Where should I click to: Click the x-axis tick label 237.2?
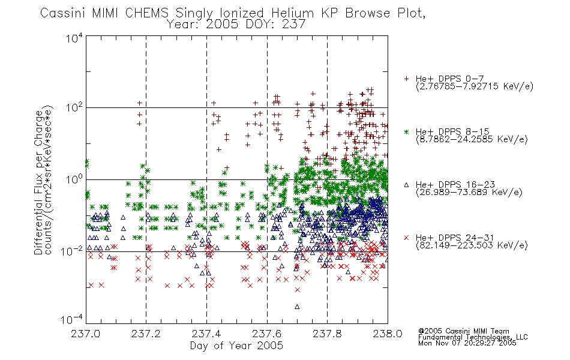(x=146, y=334)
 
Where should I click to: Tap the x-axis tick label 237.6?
(x=267, y=334)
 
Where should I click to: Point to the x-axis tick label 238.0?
(x=388, y=334)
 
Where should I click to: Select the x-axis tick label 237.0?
(x=85, y=334)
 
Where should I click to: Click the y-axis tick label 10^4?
(x=74, y=38)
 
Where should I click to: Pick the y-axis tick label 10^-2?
(x=73, y=251)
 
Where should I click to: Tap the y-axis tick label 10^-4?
(x=73, y=319)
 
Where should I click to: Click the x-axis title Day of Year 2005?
(x=236, y=346)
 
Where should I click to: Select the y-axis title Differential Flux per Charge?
(x=38, y=182)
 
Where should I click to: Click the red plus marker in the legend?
(x=406, y=79)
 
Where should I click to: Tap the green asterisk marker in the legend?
(x=406, y=131)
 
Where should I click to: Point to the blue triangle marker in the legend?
(x=406, y=185)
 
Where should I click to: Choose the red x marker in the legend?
(x=406, y=238)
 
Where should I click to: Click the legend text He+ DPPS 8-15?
(x=452, y=131)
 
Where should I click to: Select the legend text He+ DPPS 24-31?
(x=455, y=238)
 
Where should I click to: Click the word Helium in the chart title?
(x=293, y=13)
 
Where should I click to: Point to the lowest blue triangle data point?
(x=297, y=307)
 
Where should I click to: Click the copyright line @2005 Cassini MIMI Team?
(x=463, y=331)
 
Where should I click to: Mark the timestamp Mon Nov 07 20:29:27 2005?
(x=467, y=343)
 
